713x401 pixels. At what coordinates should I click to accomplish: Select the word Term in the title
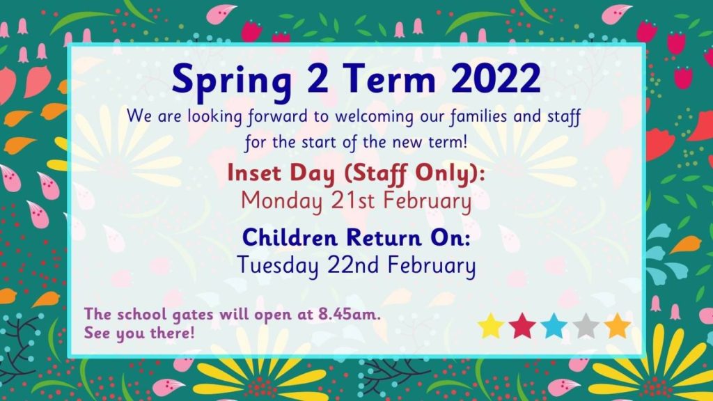click(x=389, y=77)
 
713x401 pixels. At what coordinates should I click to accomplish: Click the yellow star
click(x=491, y=326)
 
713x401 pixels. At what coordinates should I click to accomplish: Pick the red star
click(x=522, y=326)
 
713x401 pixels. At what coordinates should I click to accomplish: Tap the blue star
click(x=554, y=326)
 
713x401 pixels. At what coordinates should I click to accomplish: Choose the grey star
click(x=586, y=326)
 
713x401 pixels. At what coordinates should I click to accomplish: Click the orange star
click(x=618, y=326)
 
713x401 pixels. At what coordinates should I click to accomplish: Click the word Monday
click(x=281, y=202)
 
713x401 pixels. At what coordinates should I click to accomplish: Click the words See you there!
click(x=139, y=333)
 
